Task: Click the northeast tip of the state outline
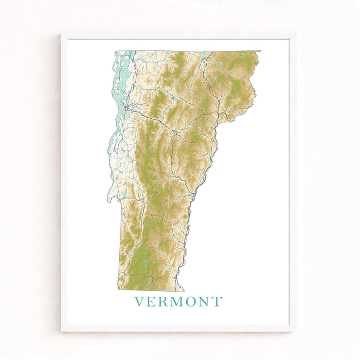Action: click(260, 51)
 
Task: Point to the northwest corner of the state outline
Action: click(116, 51)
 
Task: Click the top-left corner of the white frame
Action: click(62, 34)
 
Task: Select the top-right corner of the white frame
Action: click(295, 34)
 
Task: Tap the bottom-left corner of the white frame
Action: click(62, 330)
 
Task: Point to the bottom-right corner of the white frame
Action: click(295, 330)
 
